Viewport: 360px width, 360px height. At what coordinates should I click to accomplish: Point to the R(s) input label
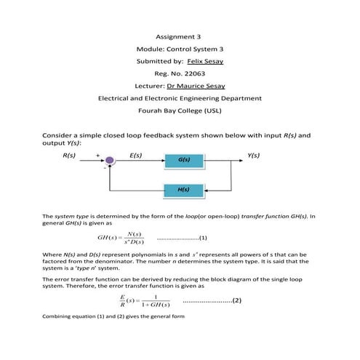tap(70, 155)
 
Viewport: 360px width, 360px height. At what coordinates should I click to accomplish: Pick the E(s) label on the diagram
tap(135, 155)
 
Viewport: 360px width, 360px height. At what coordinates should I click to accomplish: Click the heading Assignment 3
tap(178, 36)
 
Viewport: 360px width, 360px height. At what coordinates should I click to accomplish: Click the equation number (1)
tap(204, 238)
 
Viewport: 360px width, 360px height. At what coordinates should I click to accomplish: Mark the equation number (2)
tap(236, 300)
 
